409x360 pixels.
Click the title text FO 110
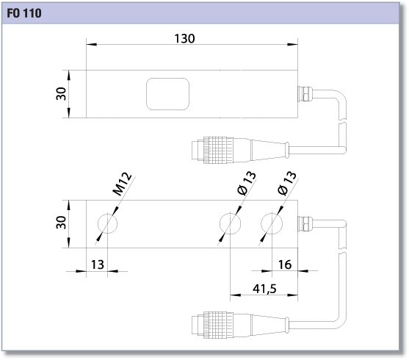click(x=24, y=13)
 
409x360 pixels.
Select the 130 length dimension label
click(x=184, y=39)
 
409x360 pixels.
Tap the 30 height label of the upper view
click(x=61, y=93)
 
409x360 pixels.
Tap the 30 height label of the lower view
click(x=61, y=223)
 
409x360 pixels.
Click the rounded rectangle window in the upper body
click(x=167, y=94)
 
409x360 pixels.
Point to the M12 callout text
click(x=122, y=184)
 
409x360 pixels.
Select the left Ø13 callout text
click(x=247, y=183)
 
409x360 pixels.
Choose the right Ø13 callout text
click(x=287, y=183)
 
